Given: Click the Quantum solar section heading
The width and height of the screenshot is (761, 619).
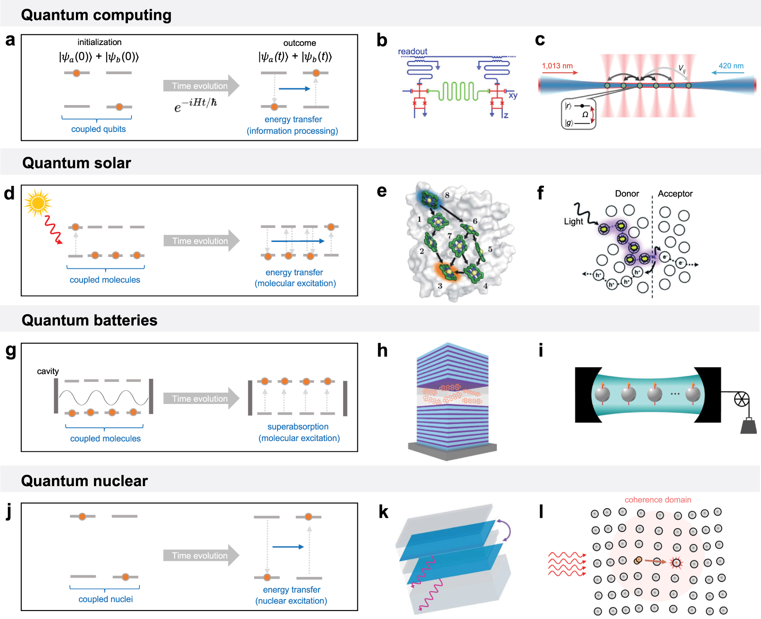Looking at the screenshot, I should pos(77,163).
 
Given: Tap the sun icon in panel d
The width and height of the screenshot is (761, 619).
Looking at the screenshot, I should pos(38,203).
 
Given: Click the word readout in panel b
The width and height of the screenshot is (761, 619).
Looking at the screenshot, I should pos(412,51).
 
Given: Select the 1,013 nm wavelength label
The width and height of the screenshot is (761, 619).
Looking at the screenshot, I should pos(557,66).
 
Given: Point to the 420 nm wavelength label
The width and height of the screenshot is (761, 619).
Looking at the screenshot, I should pos(731,66).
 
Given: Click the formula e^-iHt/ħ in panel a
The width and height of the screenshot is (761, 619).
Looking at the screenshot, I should pos(195,105).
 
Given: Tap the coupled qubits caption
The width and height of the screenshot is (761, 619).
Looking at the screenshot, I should pos(98,129).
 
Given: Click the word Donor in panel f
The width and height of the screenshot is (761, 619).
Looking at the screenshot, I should pos(627,193).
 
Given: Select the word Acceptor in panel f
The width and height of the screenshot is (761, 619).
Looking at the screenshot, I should pos(675,193).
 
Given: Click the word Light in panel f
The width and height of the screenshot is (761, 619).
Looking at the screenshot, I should pos(573,221).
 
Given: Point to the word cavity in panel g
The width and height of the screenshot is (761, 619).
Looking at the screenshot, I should pos(48,371).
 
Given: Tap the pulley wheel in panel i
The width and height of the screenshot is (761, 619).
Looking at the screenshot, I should pos(741,399).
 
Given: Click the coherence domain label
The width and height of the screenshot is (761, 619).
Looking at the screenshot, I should pos(658,500).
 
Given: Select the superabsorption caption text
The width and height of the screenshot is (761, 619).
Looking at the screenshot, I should pos(298,427).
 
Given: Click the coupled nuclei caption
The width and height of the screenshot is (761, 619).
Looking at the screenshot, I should pos(105,599).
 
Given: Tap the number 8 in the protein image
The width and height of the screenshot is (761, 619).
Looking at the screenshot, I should pos(447,195).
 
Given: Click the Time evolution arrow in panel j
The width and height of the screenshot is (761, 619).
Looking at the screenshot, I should pos(201,555).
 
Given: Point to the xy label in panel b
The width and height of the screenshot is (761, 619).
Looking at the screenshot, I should pos(513,95).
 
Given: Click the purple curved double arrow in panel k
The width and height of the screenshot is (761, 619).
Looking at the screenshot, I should pos(505,530).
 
